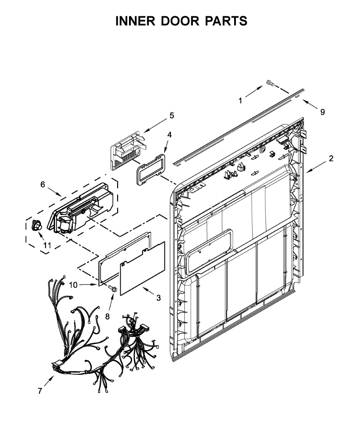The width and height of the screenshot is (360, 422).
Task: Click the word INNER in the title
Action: click(x=135, y=21)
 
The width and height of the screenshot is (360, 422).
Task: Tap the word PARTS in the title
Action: click(x=226, y=21)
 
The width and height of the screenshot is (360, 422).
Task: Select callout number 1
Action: click(x=240, y=101)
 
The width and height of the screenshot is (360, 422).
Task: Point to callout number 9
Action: click(x=322, y=112)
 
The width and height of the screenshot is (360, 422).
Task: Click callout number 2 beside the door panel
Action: click(x=331, y=158)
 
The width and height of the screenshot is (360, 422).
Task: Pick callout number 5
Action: click(x=172, y=115)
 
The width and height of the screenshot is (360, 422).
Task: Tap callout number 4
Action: click(x=169, y=135)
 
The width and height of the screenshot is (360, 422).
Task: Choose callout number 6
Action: click(x=43, y=184)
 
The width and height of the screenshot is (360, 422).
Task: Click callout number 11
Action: click(x=47, y=246)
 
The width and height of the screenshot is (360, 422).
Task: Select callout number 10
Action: click(x=73, y=285)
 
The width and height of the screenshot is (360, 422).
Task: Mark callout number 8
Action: click(x=107, y=316)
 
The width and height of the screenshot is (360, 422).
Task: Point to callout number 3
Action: click(x=159, y=298)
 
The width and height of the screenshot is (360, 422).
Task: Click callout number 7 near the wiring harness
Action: click(x=40, y=391)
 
